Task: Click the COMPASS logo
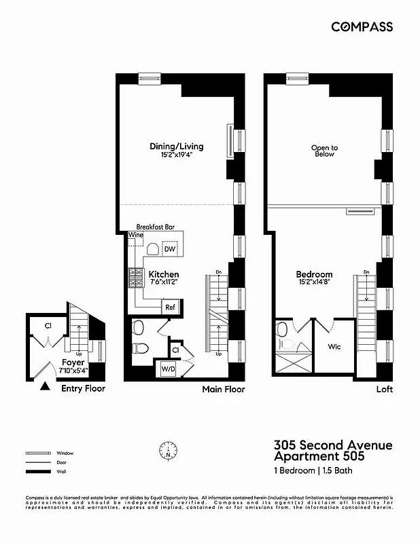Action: (x=362, y=26)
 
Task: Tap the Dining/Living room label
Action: (x=176, y=147)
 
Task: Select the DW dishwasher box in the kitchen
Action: (x=170, y=249)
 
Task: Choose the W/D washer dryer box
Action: (x=168, y=369)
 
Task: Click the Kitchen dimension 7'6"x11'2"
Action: (x=164, y=285)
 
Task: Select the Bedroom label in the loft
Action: (x=314, y=275)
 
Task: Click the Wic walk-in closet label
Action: (x=334, y=346)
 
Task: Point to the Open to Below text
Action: (x=324, y=151)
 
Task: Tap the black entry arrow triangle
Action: (x=44, y=387)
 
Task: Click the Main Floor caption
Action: (x=223, y=390)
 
